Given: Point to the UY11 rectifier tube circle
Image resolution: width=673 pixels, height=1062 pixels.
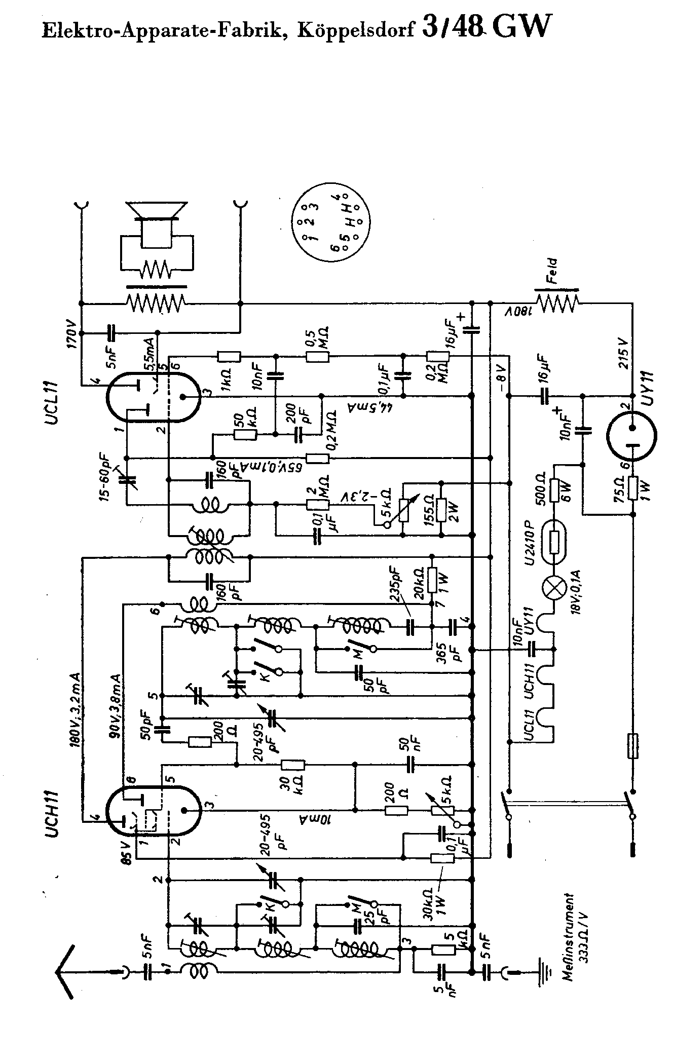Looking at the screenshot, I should [x=631, y=435].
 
